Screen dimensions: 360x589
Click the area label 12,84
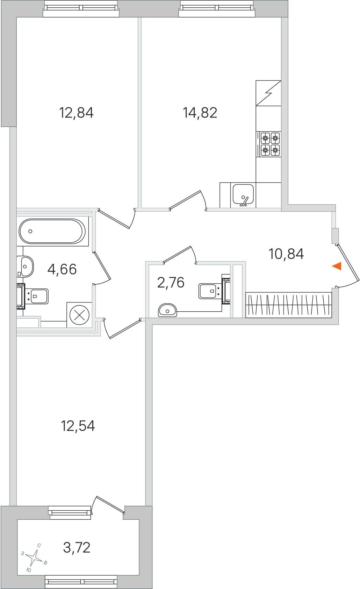(76, 113)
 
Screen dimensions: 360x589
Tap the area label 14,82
(200, 113)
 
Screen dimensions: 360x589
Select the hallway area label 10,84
(286, 254)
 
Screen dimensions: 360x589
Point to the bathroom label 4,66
(62, 269)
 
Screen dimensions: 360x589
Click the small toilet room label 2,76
(171, 283)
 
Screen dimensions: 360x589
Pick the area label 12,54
(78, 426)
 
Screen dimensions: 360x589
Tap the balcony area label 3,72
(77, 548)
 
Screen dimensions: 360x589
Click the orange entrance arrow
(337, 266)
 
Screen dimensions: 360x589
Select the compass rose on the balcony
(34, 557)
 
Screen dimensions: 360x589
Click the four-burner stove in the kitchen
(268, 144)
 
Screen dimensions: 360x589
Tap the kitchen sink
(243, 195)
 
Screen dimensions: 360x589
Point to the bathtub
(52, 231)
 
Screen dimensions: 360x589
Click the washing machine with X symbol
(79, 315)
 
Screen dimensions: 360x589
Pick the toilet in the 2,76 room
(213, 291)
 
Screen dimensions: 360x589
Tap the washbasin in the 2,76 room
(167, 310)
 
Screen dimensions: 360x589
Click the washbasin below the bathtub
(25, 267)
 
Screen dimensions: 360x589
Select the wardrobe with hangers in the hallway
(289, 305)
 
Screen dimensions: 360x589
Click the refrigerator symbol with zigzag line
(268, 93)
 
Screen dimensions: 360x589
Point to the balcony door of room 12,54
(107, 504)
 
